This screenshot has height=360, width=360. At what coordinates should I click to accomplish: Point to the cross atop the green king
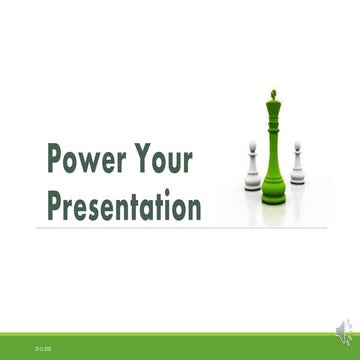tap(272, 95)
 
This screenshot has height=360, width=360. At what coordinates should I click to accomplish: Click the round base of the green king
tap(273, 198)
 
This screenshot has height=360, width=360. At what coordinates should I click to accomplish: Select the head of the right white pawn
tap(296, 147)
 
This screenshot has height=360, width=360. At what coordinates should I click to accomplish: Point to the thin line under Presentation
tap(180, 228)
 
